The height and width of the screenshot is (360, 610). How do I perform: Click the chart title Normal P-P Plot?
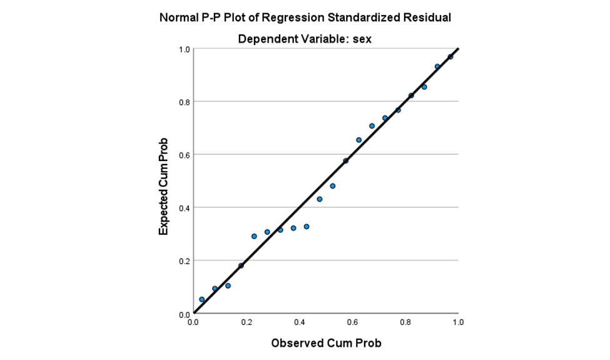tap(305, 18)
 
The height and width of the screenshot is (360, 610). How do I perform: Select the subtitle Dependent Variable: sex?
tap(305, 39)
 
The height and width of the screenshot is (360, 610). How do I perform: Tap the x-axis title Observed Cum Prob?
tap(326, 343)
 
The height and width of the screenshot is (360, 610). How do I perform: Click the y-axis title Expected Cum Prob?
tap(164, 186)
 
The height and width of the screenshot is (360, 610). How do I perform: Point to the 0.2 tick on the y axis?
tap(185, 260)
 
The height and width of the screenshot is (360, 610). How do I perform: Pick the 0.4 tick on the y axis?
tap(185, 208)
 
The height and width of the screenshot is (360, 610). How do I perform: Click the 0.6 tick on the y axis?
tap(185, 155)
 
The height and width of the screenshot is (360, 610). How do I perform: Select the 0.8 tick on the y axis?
tap(185, 101)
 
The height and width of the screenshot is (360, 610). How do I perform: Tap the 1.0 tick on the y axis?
tap(185, 49)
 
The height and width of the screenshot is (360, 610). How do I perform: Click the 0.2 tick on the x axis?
tap(247, 322)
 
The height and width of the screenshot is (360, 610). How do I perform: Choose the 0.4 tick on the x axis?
tap(300, 322)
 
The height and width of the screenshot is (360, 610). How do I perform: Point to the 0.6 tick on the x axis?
tap(352, 322)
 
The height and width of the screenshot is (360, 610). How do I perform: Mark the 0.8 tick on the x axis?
tap(405, 322)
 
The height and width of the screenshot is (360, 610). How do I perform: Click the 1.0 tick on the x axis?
tap(458, 322)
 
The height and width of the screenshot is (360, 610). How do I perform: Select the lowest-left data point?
tap(201, 299)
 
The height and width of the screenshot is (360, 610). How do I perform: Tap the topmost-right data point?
tap(450, 57)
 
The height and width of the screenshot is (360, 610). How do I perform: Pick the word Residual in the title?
tap(428, 18)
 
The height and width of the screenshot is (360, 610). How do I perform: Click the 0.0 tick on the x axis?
tap(193, 322)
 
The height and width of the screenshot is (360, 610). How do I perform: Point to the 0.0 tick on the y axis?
tap(185, 314)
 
